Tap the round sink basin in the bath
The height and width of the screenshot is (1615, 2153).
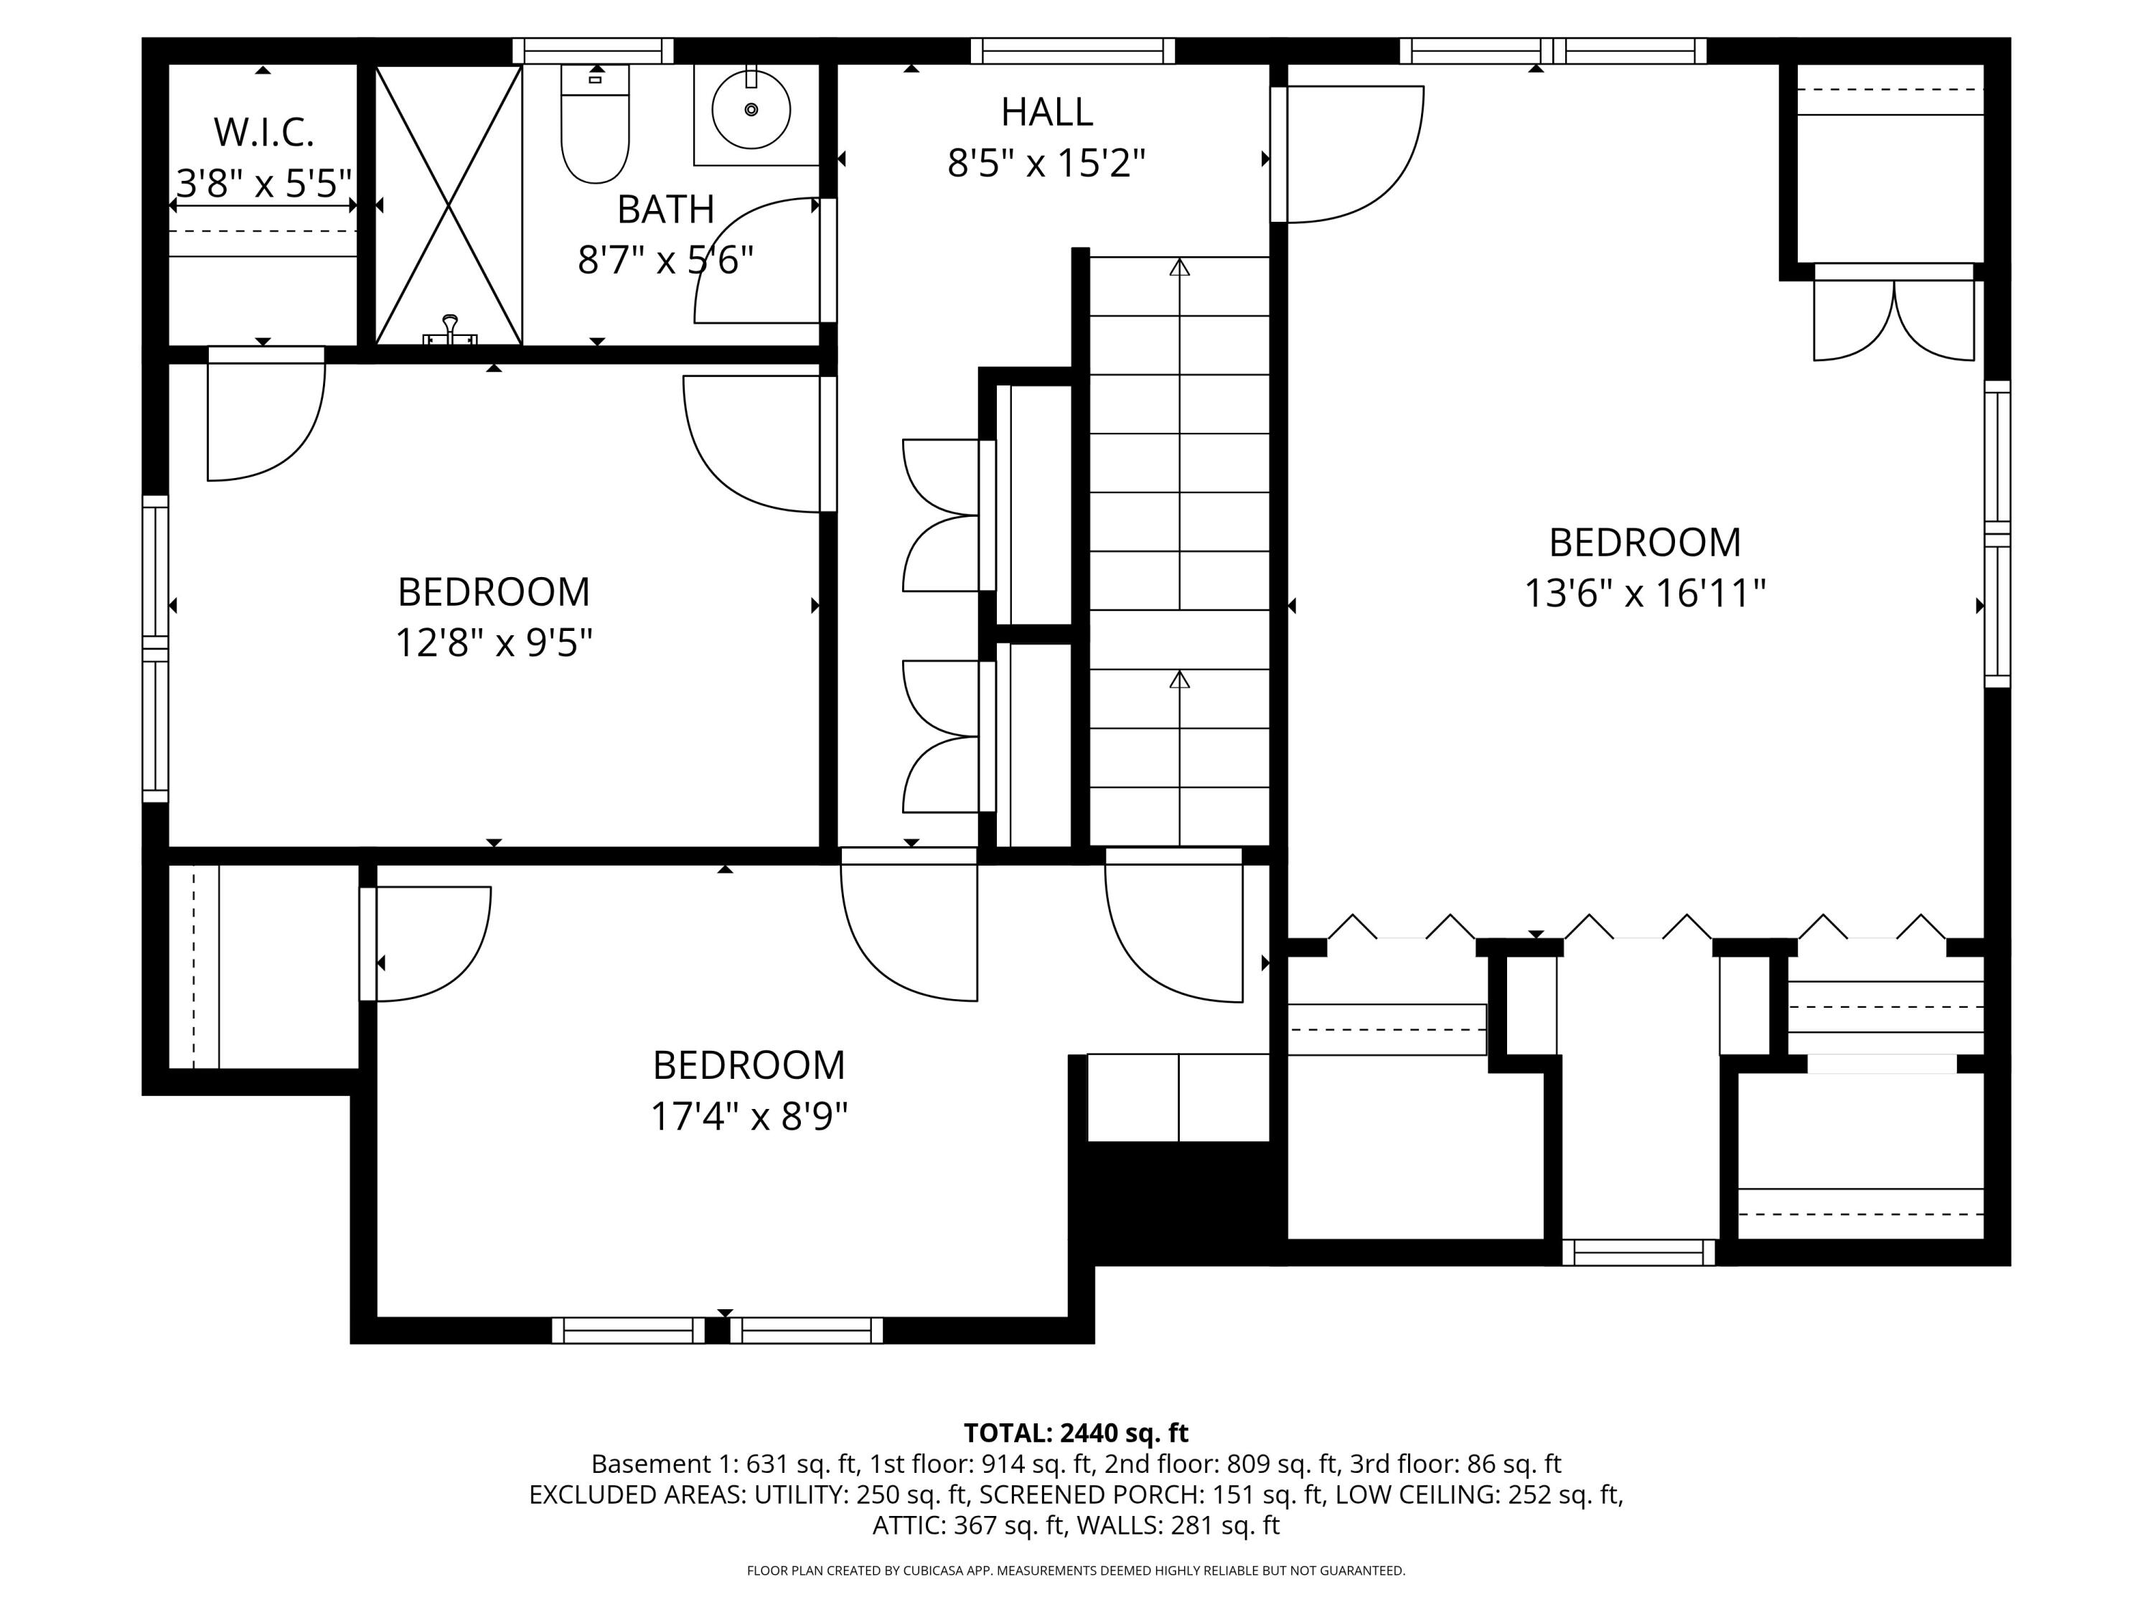pos(751,109)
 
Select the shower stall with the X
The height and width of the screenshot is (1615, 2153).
pos(449,205)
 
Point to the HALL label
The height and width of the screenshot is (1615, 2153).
pos(1046,112)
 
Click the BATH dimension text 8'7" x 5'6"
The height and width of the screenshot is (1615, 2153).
pos(666,260)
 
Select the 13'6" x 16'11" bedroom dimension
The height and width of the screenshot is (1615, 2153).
pos(1644,593)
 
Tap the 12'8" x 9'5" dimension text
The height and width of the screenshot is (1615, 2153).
pos(494,642)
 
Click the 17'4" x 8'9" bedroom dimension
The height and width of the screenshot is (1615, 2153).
pos(749,1115)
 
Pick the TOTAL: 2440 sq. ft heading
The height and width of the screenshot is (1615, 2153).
pos(1076,1433)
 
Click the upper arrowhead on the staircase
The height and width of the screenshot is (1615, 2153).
pos(1180,267)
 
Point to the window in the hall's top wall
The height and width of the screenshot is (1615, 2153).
pos(1073,51)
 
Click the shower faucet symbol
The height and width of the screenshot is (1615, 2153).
pos(450,330)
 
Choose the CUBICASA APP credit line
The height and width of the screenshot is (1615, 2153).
pos(1076,1570)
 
